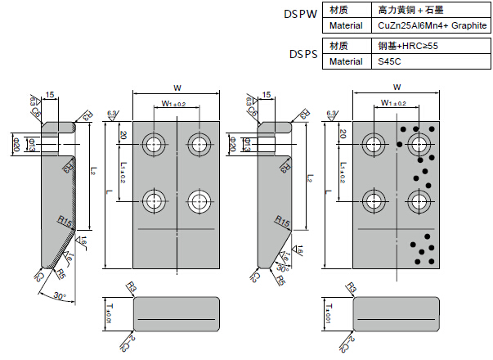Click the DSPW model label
(300, 15)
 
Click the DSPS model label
(303, 54)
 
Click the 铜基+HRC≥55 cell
(409, 46)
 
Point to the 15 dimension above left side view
(51, 96)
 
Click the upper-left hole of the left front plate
(153, 145)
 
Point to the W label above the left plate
(177, 88)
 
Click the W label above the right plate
(397, 87)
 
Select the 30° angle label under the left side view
(60, 295)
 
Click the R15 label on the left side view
(66, 221)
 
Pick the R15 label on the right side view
(283, 222)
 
